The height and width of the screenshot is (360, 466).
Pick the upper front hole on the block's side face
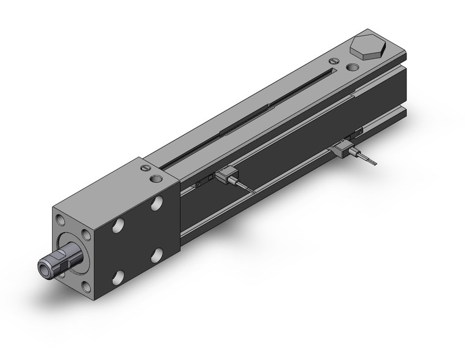pyautogui.click(x=118, y=228)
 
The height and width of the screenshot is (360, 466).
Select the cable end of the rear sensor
pyautogui.click(x=375, y=164)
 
